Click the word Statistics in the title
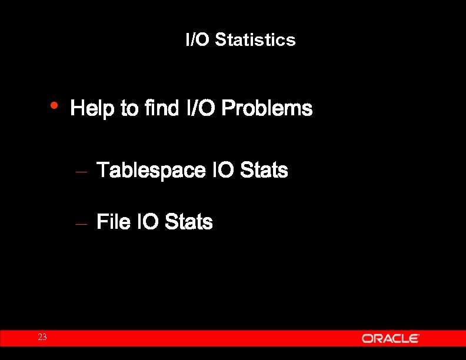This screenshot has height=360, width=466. [x=255, y=40]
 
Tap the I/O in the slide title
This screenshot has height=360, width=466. [x=198, y=40]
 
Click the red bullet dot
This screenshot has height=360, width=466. [x=54, y=105]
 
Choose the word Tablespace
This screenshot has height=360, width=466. [x=151, y=171]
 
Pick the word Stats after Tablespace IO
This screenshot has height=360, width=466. [x=265, y=171]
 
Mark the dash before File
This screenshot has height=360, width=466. [x=82, y=224]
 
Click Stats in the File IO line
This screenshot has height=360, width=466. [x=189, y=222]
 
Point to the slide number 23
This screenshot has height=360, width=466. [x=42, y=337]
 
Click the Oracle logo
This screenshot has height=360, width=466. [x=390, y=338]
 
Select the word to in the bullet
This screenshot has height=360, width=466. [x=129, y=109]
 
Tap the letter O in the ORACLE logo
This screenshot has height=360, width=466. [x=367, y=338]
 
